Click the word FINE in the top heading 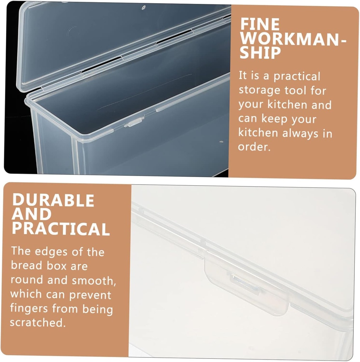point(260,24)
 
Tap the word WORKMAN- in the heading point(293,38)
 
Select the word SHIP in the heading point(260,53)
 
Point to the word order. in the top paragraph point(254,147)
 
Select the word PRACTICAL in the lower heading point(61,229)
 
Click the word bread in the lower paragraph point(26,265)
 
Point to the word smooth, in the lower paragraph point(94,280)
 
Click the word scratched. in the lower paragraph point(38,322)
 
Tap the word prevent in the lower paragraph point(90,295)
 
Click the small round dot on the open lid point(143,8)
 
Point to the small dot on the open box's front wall point(221,141)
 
